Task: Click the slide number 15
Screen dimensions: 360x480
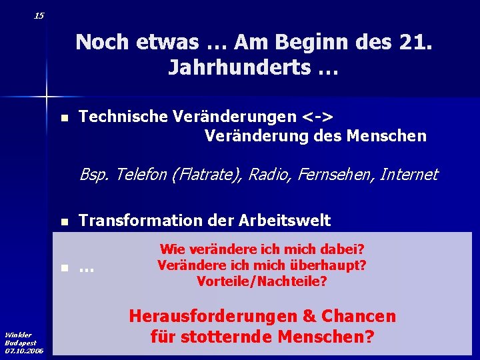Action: tap(39, 15)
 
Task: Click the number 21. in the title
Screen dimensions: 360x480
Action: tap(414, 42)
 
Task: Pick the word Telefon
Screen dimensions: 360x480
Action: tap(143, 175)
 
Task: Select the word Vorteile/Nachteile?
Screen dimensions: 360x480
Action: tap(262, 281)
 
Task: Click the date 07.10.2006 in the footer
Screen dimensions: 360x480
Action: tap(24, 350)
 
